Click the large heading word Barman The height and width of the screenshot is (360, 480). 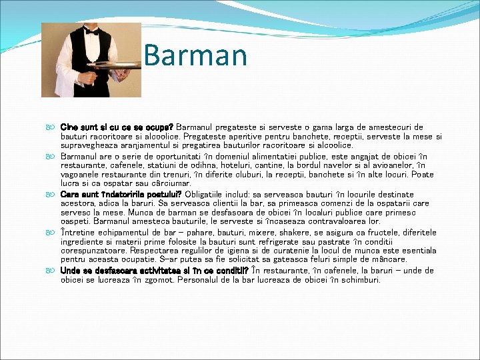click(x=195, y=55)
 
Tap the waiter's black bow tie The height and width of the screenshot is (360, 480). click(x=92, y=32)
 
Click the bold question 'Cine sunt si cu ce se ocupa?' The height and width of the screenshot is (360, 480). click(x=117, y=127)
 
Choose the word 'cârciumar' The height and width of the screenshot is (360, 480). click(x=172, y=183)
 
